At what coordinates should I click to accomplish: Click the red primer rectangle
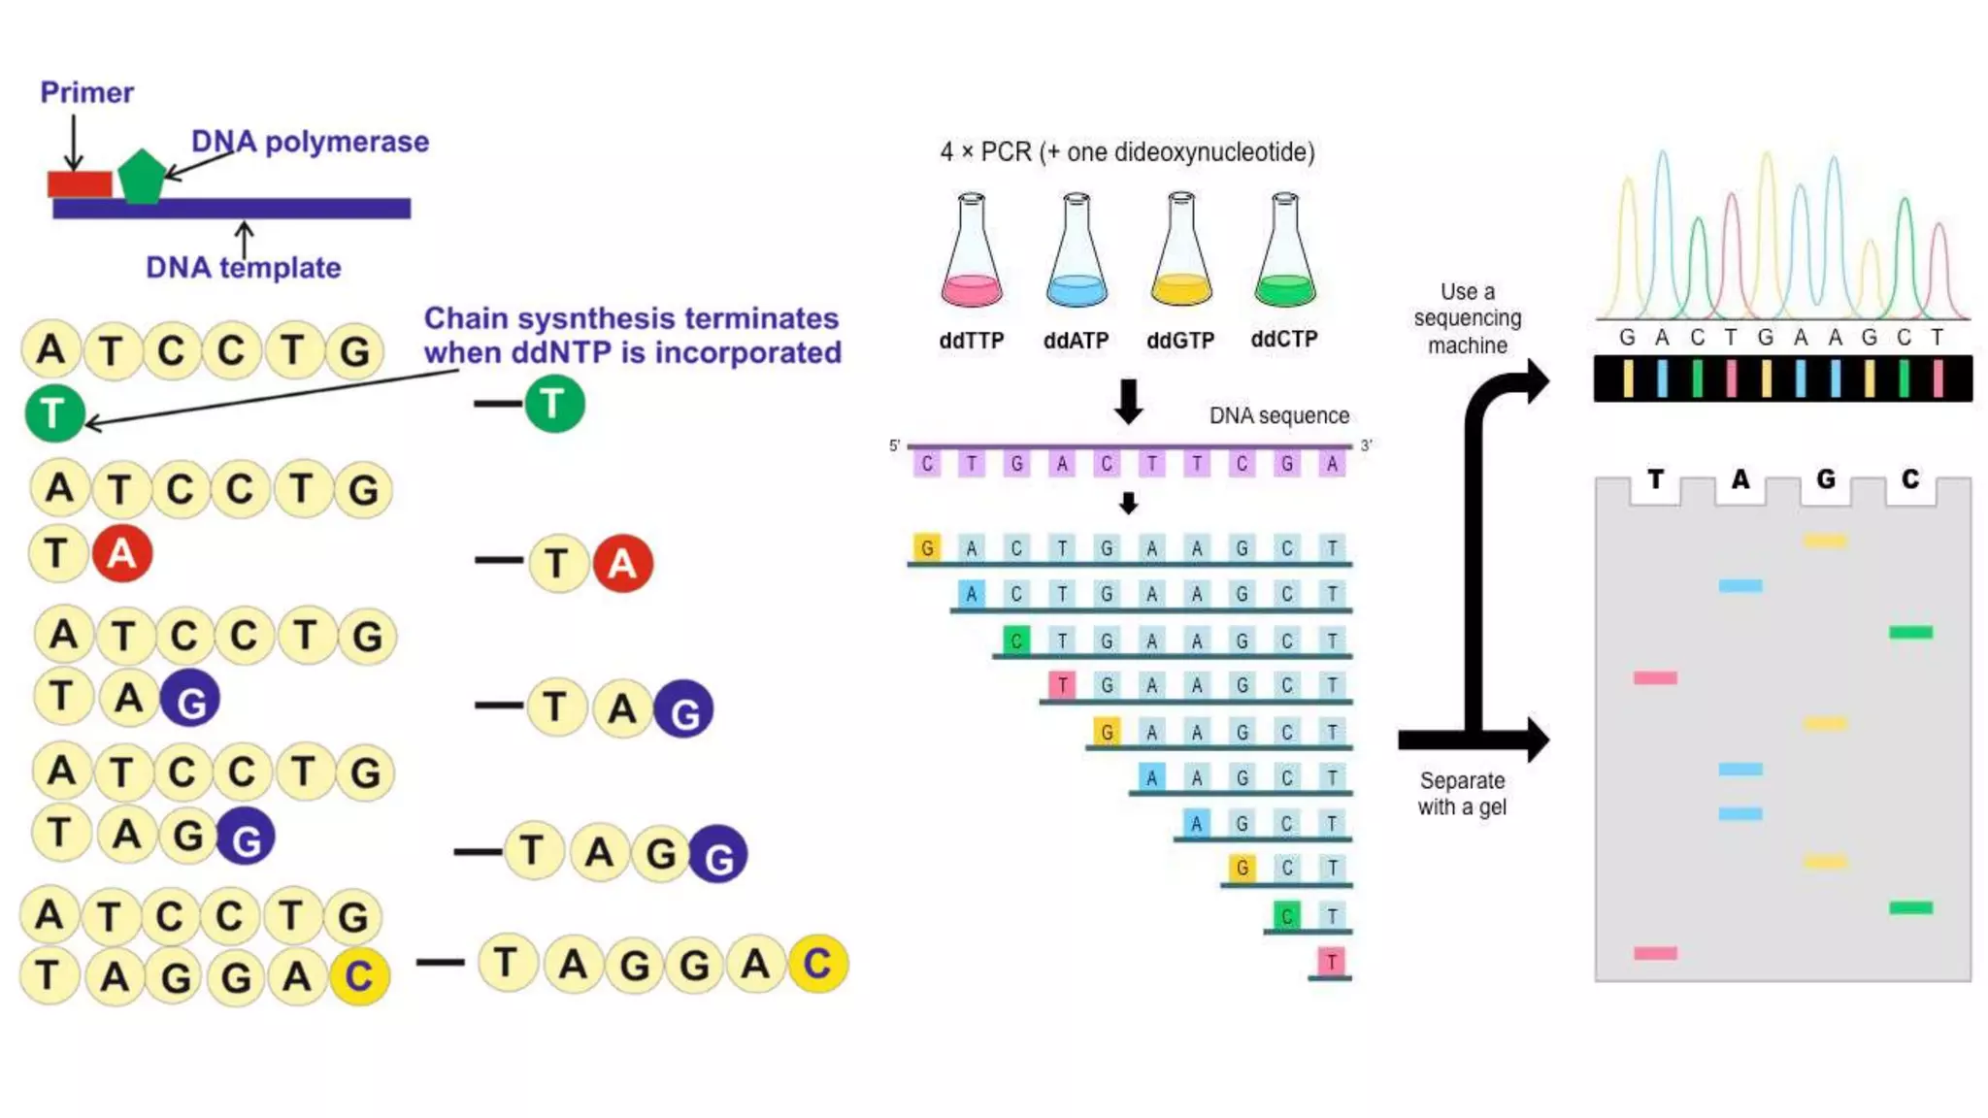coord(80,183)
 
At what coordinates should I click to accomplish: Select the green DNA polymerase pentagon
coord(142,178)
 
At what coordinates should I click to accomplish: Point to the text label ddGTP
coord(1180,341)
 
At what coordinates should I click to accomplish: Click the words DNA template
coord(243,268)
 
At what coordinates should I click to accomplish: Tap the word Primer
coord(86,93)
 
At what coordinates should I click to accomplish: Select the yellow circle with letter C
coord(817,964)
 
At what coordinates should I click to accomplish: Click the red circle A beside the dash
coord(622,563)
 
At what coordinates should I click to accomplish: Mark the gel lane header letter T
coord(1655,479)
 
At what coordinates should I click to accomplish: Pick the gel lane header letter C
coord(1910,479)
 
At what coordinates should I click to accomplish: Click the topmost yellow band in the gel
coord(1825,541)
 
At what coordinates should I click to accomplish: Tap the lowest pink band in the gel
coord(1655,953)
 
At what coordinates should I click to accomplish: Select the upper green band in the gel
coord(1910,633)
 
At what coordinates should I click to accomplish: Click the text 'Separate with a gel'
coord(1462,794)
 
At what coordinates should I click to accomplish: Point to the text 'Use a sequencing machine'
coord(1468,318)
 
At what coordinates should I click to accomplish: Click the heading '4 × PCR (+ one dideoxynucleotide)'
coord(1127,152)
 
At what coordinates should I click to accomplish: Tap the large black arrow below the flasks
coord(1128,402)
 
